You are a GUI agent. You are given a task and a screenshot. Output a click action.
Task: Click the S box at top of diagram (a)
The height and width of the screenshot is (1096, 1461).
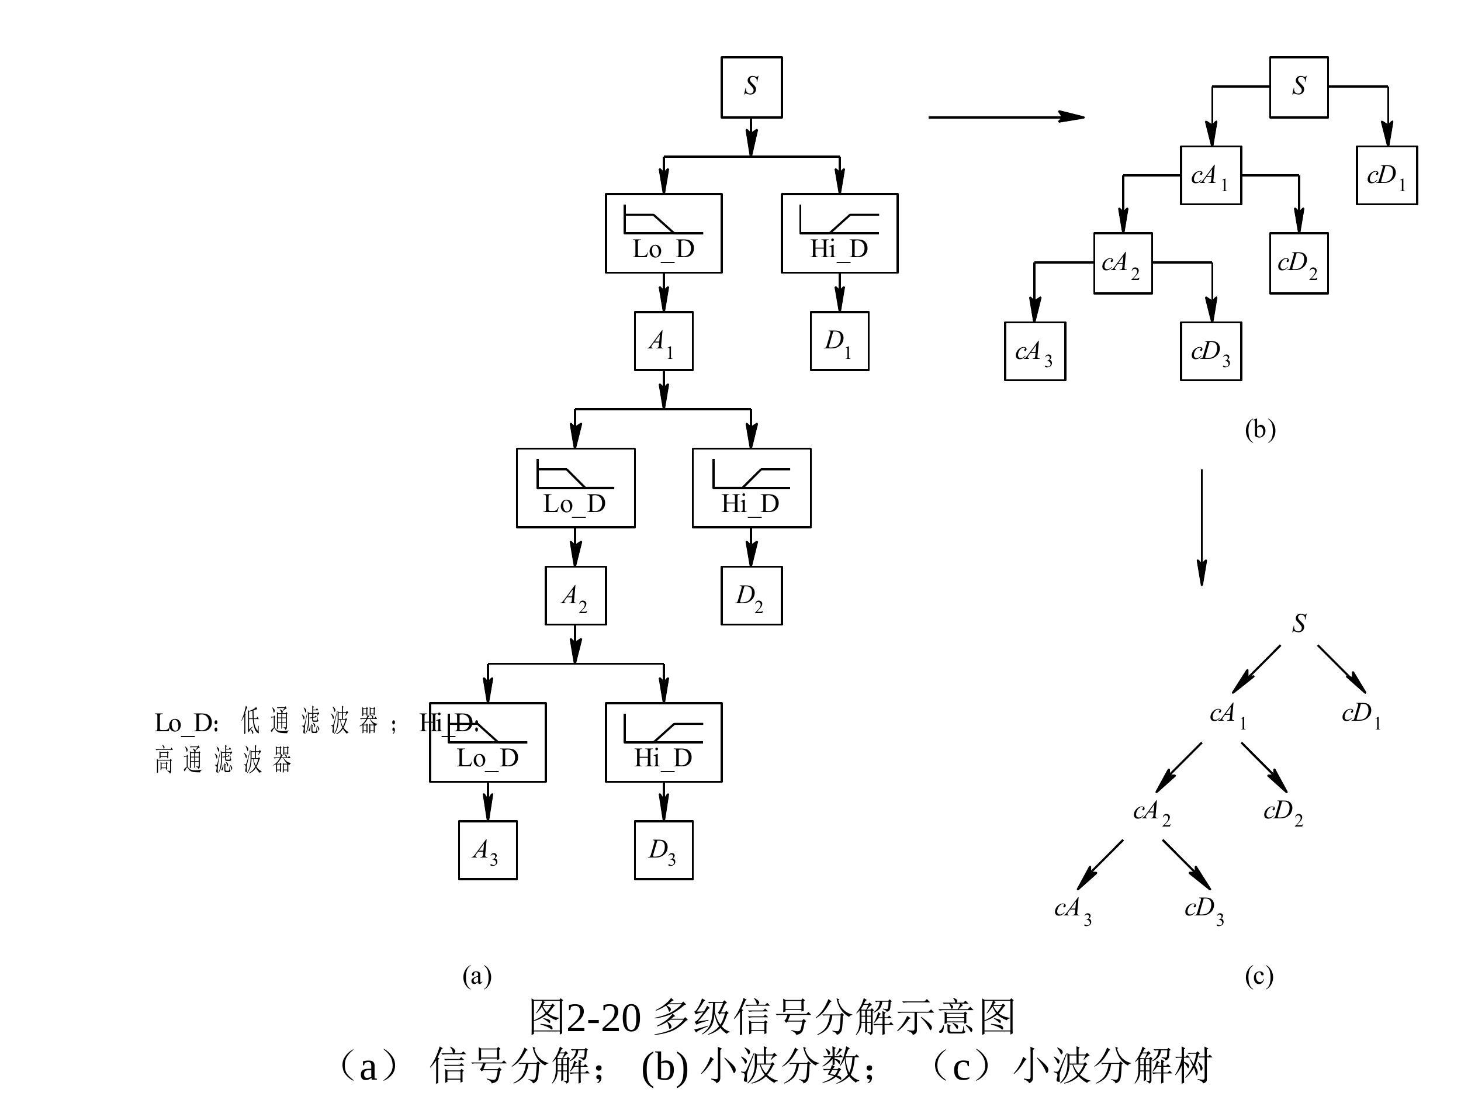coord(751,87)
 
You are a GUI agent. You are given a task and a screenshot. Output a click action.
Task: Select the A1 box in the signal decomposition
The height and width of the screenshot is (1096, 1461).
coord(663,341)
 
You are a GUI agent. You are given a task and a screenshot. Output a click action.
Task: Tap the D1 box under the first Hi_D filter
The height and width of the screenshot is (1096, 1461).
coord(839,341)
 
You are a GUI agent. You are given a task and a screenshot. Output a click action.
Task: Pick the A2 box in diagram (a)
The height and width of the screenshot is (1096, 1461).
coord(574,595)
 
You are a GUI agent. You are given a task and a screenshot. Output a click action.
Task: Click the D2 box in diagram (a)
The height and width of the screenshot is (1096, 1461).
coord(751,595)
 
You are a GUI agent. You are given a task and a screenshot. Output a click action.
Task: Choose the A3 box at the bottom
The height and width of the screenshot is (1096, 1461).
coord(487,849)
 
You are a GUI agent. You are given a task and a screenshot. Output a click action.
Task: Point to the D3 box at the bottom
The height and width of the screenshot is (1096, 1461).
coord(663,849)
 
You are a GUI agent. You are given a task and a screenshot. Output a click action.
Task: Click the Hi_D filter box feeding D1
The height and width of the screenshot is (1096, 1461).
coord(839,233)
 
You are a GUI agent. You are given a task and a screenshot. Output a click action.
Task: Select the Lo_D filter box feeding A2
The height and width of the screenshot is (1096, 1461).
coord(575,488)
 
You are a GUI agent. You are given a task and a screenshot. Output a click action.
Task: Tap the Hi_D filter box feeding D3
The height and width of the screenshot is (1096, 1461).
coord(663,742)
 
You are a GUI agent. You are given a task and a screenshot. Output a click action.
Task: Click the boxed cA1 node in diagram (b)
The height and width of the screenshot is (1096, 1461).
coord(1211,175)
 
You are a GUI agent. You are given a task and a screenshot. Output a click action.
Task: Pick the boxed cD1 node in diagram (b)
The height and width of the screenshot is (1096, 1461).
coord(1386,175)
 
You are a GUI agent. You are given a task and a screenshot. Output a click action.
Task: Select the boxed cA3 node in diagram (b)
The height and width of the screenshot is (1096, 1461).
coord(1034,351)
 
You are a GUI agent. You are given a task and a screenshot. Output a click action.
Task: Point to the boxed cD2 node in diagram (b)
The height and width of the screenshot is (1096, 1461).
coord(1299,263)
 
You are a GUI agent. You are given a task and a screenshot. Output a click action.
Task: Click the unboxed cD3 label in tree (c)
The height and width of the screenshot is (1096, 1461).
coord(1204,909)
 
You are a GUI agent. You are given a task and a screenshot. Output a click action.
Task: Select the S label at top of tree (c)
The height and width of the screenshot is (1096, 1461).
coord(1299,623)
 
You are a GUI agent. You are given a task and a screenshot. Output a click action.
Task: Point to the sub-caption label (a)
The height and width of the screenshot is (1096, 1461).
coord(477,975)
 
